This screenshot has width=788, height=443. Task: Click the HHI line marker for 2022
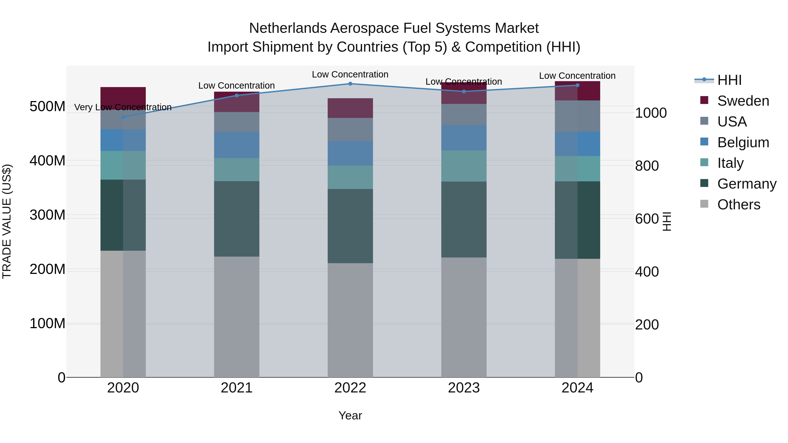pos(350,84)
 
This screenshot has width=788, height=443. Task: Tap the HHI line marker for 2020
pos(123,117)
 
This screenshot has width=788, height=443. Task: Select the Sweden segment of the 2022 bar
pos(350,108)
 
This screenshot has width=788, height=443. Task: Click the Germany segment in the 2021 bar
pos(236,219)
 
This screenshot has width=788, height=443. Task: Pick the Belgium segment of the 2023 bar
pos(464,138)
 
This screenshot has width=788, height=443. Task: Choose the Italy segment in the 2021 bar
pos(236,170)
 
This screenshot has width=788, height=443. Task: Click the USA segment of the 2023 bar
pos(464,115)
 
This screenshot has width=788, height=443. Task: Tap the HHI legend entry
pos(729,80)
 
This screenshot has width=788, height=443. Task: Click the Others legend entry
pos(739,205)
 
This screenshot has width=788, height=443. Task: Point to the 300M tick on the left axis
pos(47,215)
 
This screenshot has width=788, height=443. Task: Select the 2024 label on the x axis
pos(577,388)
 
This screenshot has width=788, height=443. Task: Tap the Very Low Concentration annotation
pos(123,107)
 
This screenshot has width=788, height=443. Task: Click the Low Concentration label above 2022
pos(350,74)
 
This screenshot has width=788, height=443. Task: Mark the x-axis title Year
pos(350,415)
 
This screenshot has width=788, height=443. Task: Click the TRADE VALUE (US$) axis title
pos(7,221)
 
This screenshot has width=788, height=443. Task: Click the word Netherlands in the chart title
pos(288,28)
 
